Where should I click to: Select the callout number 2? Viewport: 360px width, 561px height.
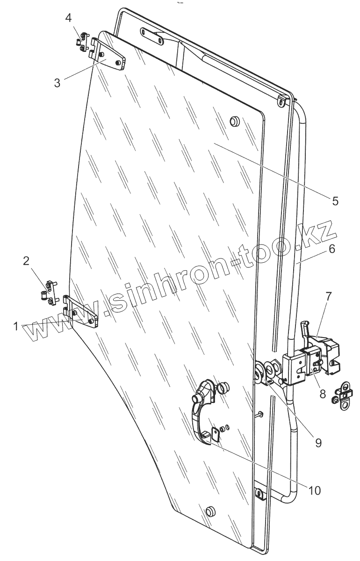click(x=27, y=261)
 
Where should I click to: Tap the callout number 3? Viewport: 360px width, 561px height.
click(x=57, y=83)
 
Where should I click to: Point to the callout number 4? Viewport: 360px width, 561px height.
click(x=68, y=19)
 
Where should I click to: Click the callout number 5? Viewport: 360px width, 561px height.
click(x=335, y=201)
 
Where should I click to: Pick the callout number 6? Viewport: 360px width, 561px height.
click(x=332, y=249)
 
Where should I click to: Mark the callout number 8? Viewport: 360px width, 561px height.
click(x=323, y=394)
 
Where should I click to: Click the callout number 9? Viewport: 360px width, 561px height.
click(x=318, y=442)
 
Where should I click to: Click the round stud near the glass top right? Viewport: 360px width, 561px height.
click(x=235, y=122)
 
